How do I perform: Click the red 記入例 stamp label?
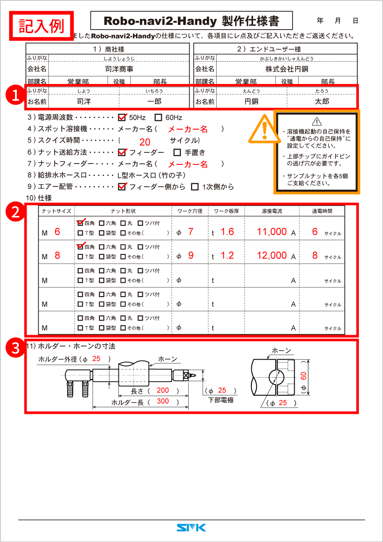(42, 26)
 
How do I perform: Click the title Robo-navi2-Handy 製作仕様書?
(191, 21)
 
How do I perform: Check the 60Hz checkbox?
(158, 117)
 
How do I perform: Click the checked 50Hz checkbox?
(122, 117)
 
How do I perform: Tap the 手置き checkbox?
(177, 152)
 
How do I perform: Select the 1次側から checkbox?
(195, 187)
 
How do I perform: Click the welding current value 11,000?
(272, 232)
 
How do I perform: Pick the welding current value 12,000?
(272, 255)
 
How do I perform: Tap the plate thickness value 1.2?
(227, 255)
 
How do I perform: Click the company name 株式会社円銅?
(286, 69)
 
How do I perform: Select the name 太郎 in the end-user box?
(322, 102)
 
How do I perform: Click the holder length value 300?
(163, 401)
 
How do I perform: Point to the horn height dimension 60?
(303, 377)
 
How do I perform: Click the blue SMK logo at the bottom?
(191, 527)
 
